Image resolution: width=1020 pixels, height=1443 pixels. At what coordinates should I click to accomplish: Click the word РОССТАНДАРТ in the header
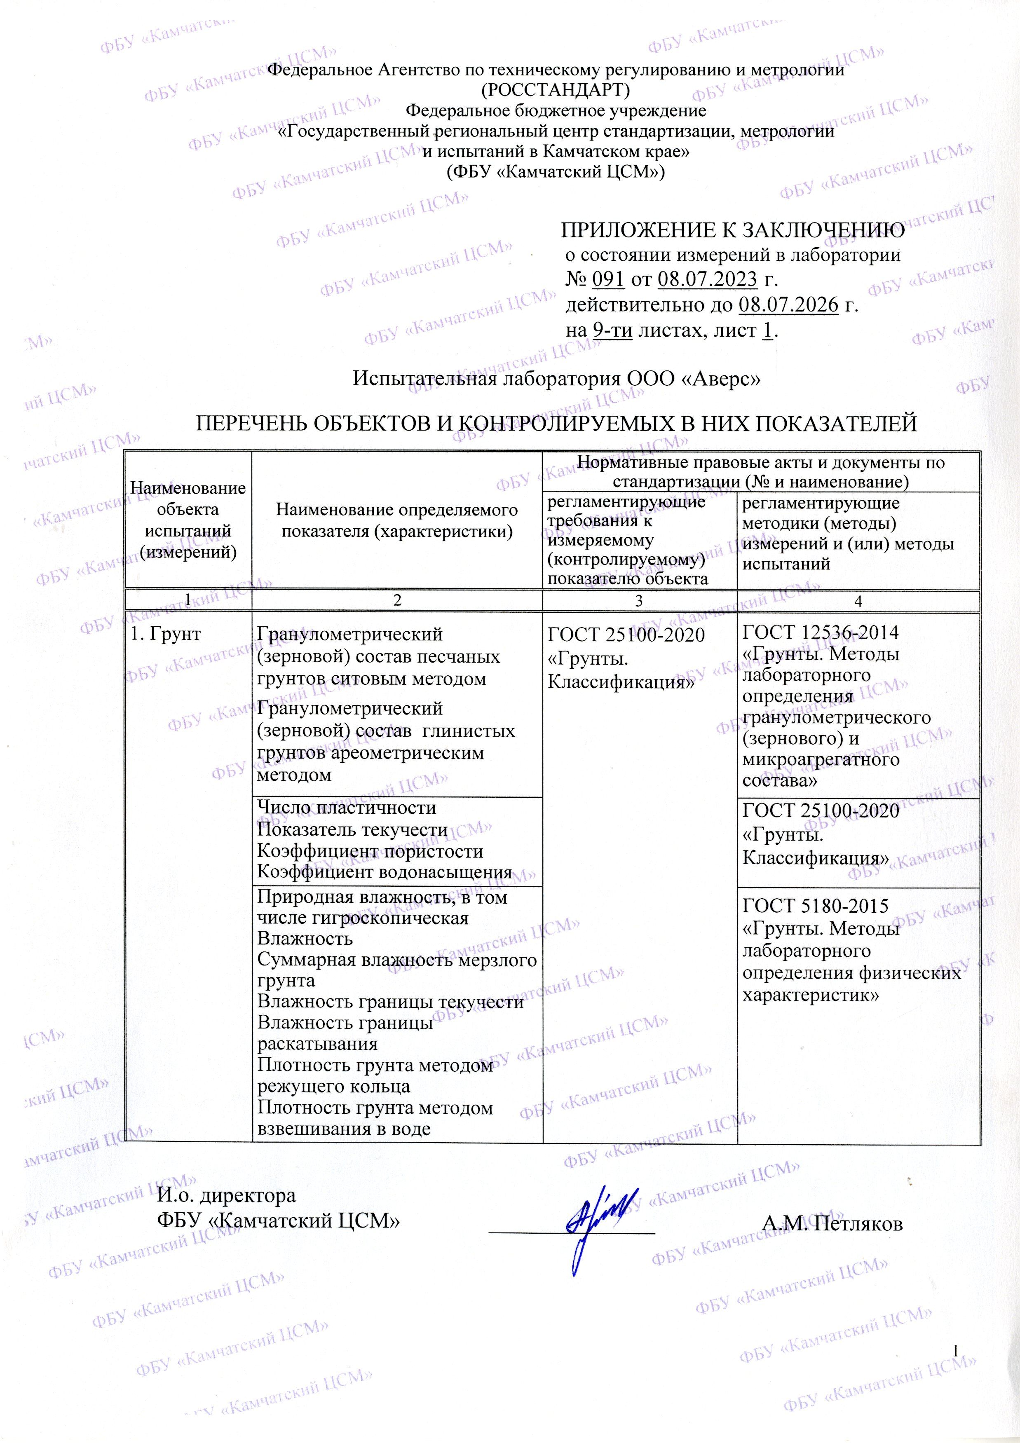point(555,90)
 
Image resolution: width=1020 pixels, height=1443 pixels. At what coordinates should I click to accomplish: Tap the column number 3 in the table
point(639,601)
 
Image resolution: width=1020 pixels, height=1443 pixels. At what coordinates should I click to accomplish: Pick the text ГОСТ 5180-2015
point(815,906)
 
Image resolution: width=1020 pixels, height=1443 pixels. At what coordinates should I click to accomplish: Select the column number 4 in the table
point(858,601)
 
